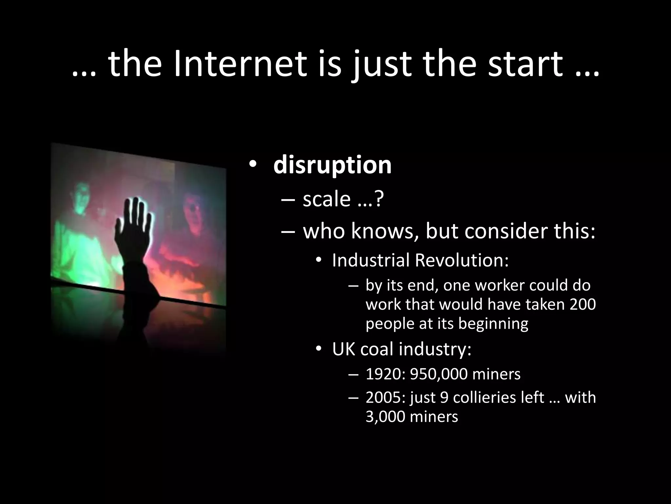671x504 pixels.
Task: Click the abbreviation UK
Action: click(344, 349)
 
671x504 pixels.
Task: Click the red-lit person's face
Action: click(193, 210)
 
